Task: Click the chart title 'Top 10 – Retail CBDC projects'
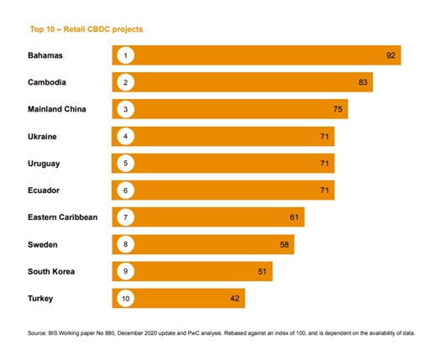point(86,29)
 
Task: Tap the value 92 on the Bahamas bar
point(390,55)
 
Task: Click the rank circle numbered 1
point(125,55)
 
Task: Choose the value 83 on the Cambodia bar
point(362,82)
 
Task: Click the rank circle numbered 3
point(125,109)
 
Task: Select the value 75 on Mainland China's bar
point(338,109)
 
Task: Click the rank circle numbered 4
point(125,136)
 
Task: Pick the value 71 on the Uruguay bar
point(324,163)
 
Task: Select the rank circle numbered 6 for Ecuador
point(125,190)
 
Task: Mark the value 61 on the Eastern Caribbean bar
point(294,217)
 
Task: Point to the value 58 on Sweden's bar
point(284,244)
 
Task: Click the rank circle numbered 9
point(125,271)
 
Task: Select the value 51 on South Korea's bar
point(262,271)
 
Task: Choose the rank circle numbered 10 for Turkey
point(125,298)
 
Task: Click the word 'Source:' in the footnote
point(39,334)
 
